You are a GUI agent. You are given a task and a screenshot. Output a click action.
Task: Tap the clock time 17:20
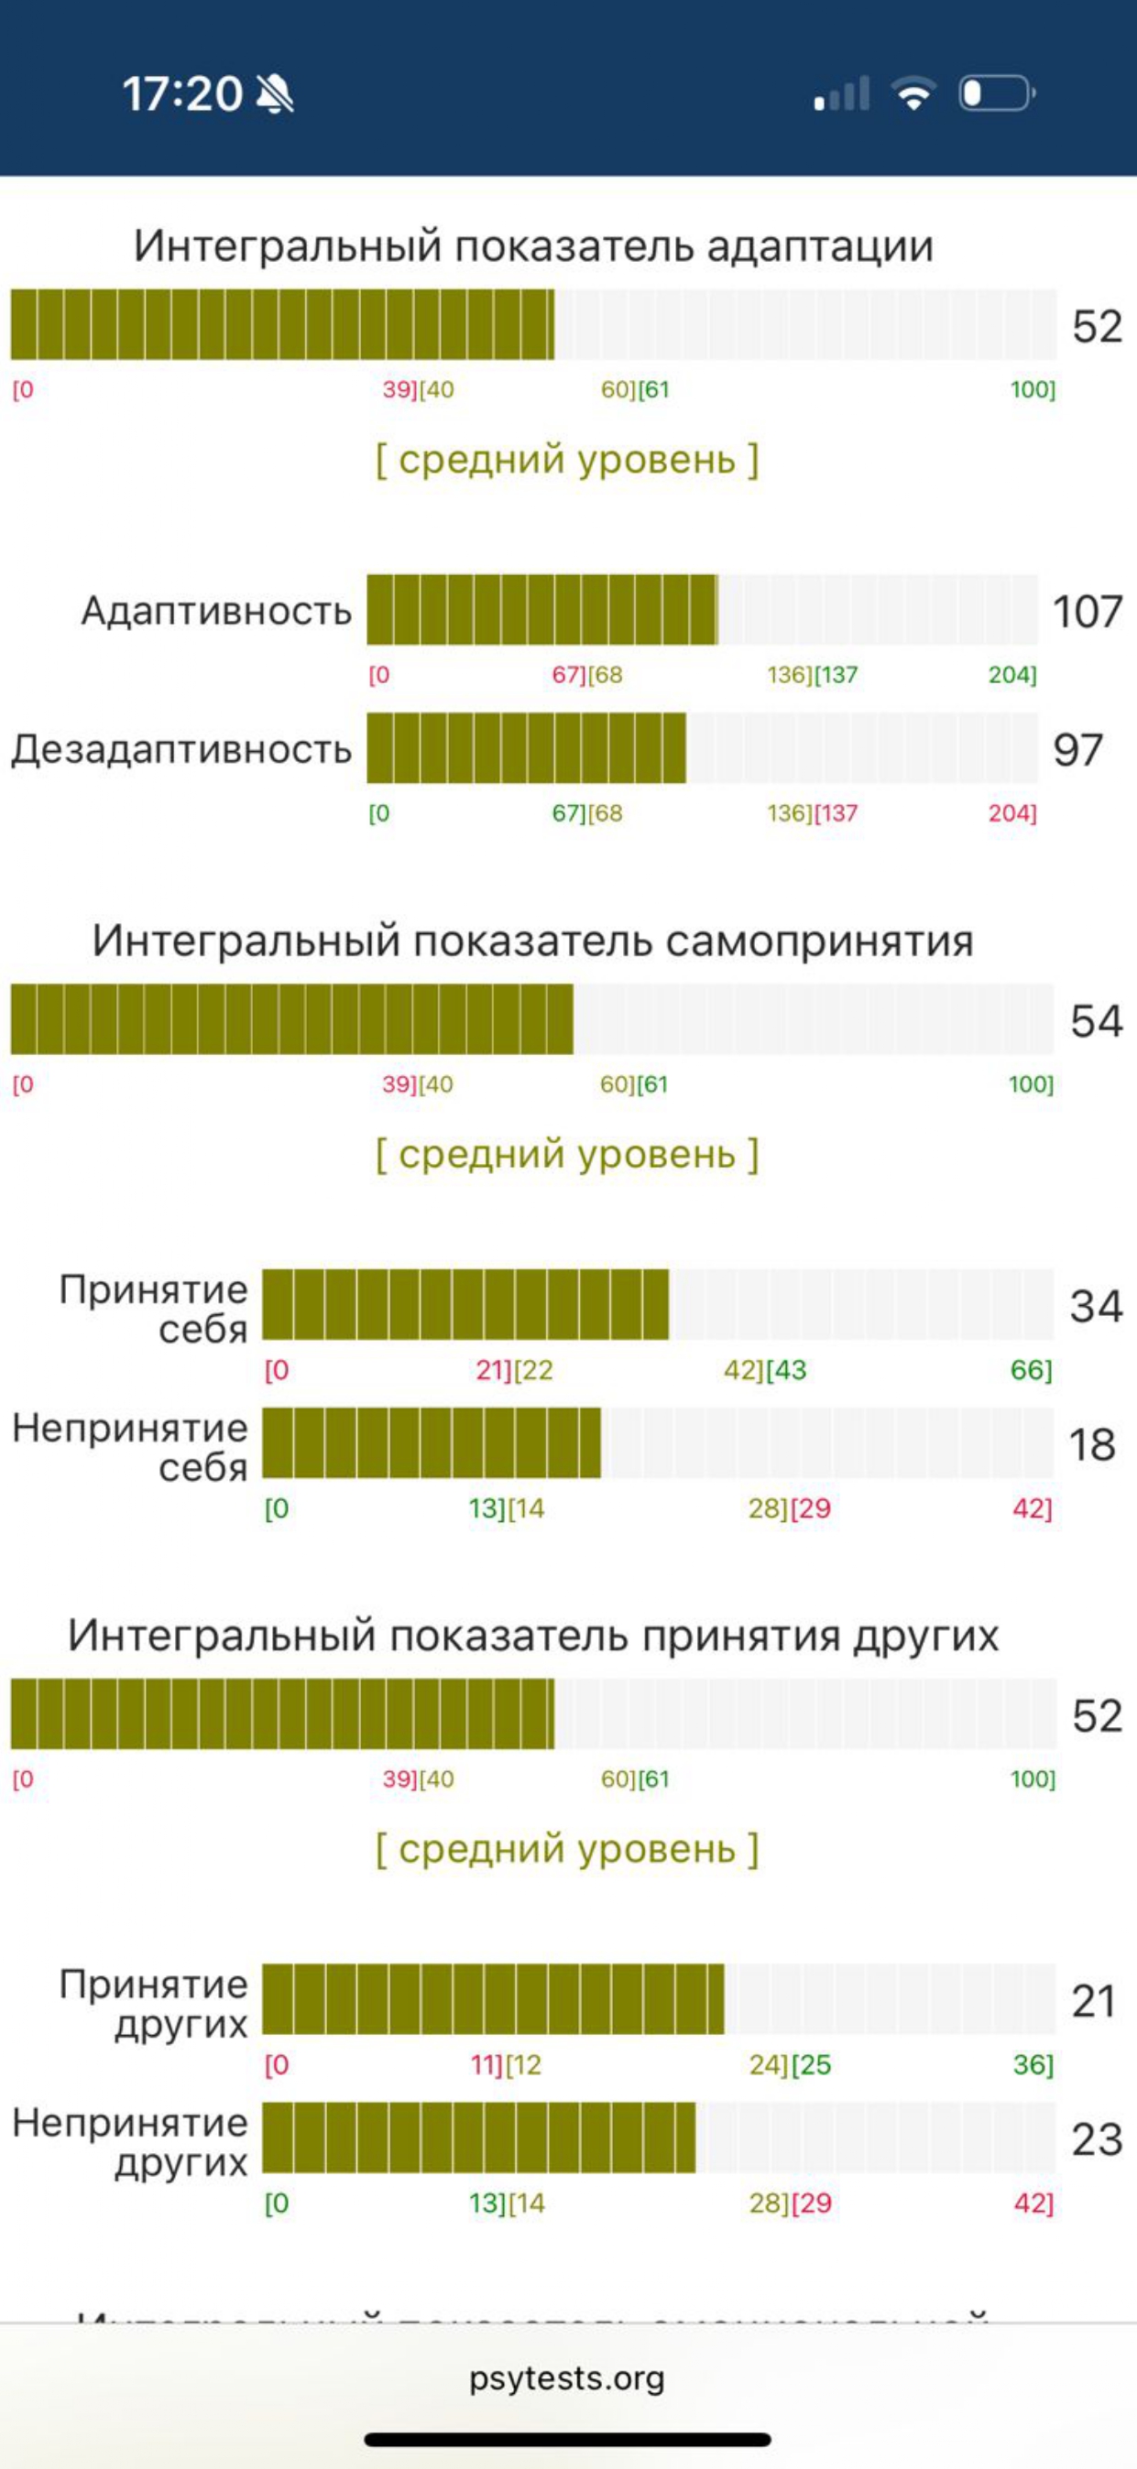click(x=182, y=94)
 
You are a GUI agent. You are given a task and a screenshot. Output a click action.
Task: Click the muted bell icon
click(x=276, y=94)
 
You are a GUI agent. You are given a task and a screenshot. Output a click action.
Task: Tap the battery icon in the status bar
click(x=996, y=94)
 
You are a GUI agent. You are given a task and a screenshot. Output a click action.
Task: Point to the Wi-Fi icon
click(x=913, y=93)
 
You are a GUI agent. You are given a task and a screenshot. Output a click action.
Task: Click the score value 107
click(x=1088, y=612)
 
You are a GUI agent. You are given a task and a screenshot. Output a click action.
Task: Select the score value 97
click(x=1077, y=749)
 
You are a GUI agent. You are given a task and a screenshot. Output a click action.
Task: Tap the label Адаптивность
click(x=216, y=611)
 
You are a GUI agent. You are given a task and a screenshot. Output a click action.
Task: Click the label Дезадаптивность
click(x=182, y=749)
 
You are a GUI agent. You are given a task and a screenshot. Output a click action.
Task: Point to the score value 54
click(x=1096, y=1021)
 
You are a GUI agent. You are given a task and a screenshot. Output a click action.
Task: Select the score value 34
click(x=1096, y=1305)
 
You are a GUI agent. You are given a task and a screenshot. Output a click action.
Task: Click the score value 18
click(x=1092, y=1444)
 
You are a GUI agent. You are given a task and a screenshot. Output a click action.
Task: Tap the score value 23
click(x=1096, y=2139)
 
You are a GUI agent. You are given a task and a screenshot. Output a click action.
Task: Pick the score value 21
click(x=1094, y=2000)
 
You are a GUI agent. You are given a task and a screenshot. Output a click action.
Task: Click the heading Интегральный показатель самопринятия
click(x=533, y=941)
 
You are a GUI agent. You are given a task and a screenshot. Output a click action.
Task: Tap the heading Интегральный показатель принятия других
click(x=533, y=1635)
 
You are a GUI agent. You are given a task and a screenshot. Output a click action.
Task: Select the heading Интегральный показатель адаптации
click(x=533, y=246)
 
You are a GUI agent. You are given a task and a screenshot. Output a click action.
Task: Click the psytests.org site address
click(x=566, y=2377)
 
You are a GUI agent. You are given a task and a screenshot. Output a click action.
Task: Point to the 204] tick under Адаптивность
click(x=1012, y=675)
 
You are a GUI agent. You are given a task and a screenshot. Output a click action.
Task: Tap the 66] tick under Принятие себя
click(x=1031, y=1370)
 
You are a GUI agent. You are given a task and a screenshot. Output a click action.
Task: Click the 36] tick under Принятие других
click(x=1033, y=2064)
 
